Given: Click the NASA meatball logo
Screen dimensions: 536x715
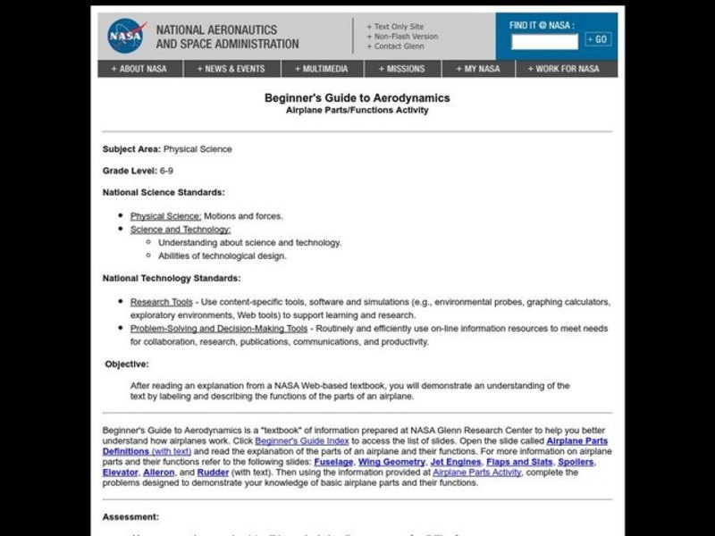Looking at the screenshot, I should (x=126, y=36).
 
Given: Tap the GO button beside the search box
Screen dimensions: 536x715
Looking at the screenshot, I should (x=598, y=39).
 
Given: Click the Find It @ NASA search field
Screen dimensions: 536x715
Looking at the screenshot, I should (x=544, y=40).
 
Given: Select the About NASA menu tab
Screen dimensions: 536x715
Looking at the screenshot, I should (x=139, y=69).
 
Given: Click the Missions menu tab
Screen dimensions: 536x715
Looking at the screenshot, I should (x=401, y=69).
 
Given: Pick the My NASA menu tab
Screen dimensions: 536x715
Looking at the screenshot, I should (x=478, y=69).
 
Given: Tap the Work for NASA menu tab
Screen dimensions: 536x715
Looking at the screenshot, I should (x=565, y=69).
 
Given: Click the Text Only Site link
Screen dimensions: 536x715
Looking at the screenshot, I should (x=397, y=26).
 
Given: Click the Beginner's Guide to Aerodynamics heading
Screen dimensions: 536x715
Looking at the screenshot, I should (x=357, y=98).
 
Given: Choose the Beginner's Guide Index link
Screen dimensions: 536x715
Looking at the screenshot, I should (x=299, y=441).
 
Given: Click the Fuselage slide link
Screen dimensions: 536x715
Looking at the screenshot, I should (x=333, y=463).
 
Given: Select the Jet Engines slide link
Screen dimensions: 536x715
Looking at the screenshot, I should (x=457, y=463).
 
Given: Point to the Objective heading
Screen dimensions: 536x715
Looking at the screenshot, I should (x=127, y=364).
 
